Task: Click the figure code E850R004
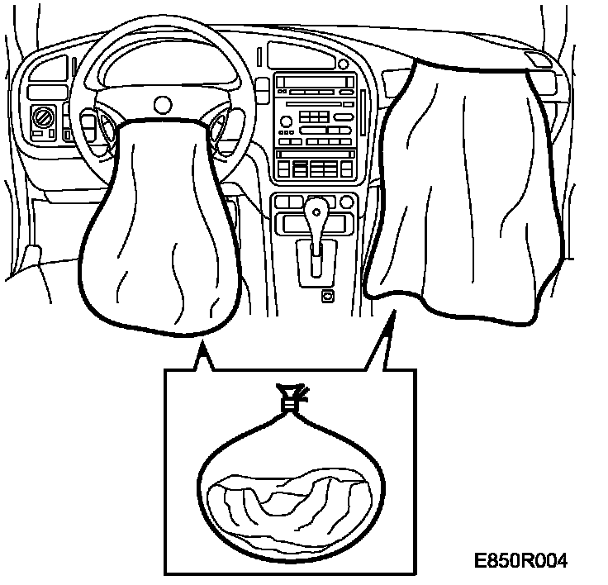pyautogui.click(x=521, y=561)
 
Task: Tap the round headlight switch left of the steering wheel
pyautogui.click(x=41, y=117)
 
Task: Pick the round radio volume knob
pyautogui.click(x=286, y=121)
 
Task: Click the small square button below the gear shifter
pyautogui.click(x=328, y=295)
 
